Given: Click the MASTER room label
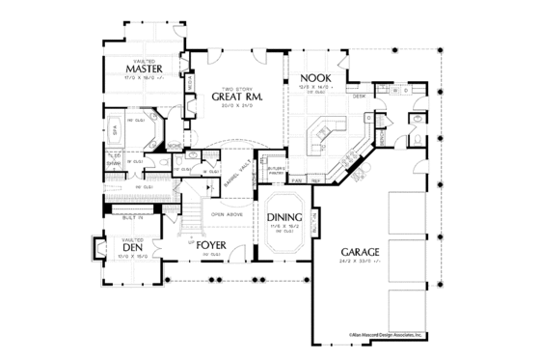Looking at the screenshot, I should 142,69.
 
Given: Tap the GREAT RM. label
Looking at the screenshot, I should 231,97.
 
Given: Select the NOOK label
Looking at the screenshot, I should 315,77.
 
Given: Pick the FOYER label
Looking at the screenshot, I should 211,245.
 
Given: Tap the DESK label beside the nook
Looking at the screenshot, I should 357,97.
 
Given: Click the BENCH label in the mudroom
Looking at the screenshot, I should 383,140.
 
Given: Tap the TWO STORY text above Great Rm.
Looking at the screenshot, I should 231,86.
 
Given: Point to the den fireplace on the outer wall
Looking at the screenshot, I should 96,251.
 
